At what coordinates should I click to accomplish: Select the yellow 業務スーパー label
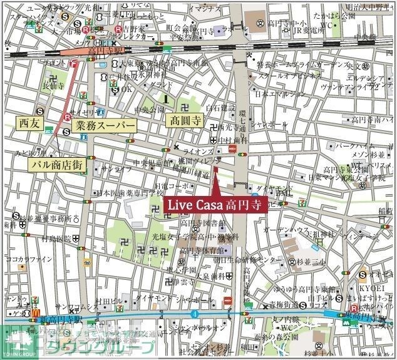click(105, 125)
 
